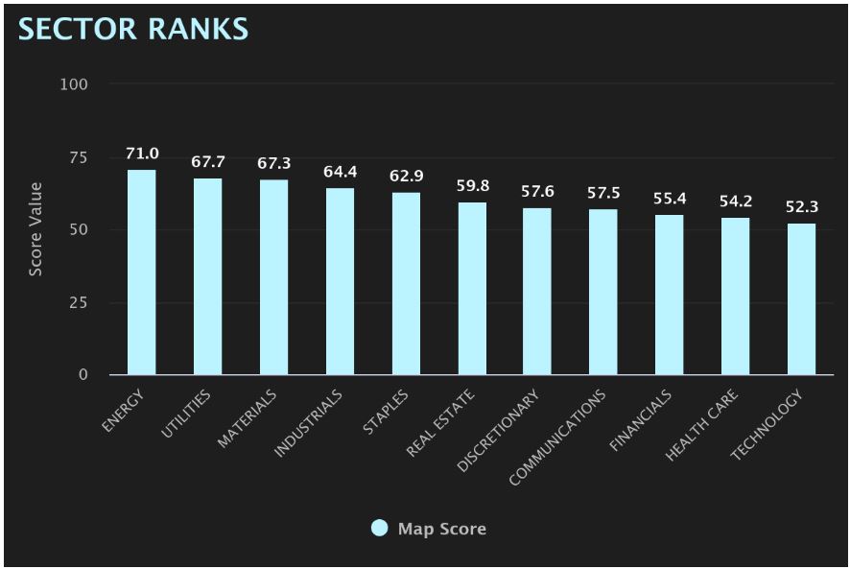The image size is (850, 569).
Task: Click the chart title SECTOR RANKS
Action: point(133,29)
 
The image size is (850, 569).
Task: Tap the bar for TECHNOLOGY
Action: point(801,299)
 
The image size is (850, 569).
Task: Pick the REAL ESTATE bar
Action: point(472,289)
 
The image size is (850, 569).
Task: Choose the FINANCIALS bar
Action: point(670,295)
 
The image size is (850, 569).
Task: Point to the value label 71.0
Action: point(142,154)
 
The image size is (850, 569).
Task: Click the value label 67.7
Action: point(208,162)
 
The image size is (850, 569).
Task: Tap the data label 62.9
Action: point(406,177)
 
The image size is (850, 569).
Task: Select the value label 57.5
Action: point(603,193)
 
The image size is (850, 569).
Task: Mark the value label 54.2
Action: point(736,202)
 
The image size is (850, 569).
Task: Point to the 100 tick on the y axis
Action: point(73,84)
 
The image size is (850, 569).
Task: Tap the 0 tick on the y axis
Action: point(83,375)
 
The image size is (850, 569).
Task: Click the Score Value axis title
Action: point(35,229)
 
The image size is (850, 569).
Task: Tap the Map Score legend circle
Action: point(379,529)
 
